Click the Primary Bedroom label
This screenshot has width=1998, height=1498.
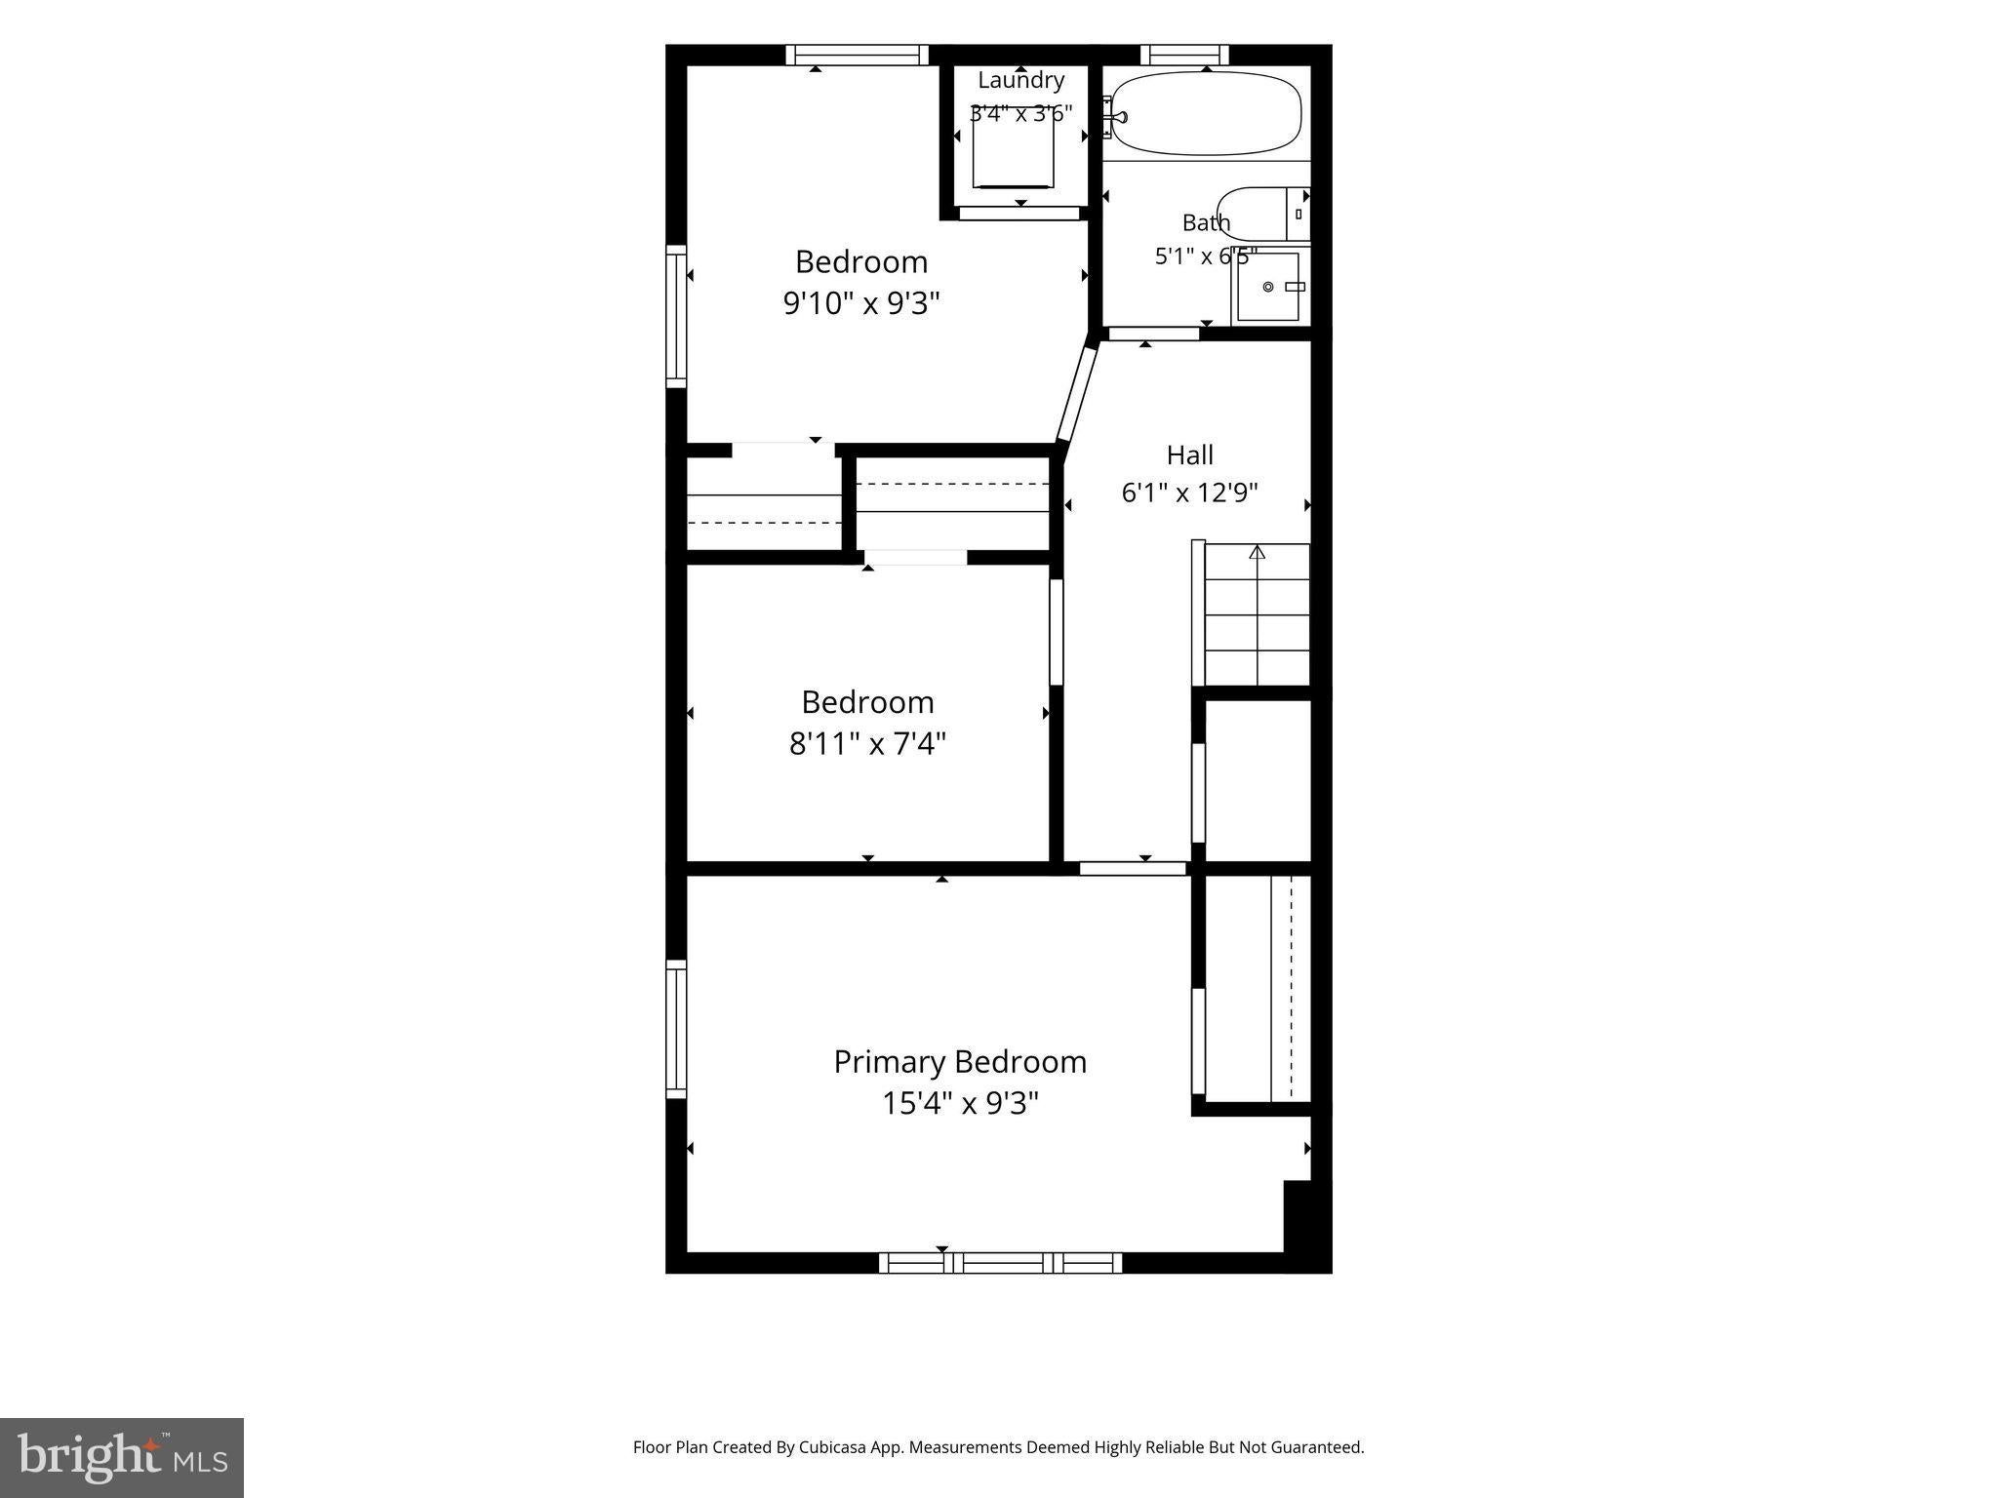960,1062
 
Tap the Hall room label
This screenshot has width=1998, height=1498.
1190,454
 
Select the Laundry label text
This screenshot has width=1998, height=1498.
1021,81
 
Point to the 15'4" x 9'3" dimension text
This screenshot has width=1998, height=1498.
960,1104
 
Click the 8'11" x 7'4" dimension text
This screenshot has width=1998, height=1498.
867,745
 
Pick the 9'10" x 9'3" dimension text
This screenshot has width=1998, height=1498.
861,304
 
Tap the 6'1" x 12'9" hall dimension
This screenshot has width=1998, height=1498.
1189,493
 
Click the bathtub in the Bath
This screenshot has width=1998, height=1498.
1206,114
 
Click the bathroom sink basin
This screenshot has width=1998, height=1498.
1268,287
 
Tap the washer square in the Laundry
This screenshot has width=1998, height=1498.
1014,146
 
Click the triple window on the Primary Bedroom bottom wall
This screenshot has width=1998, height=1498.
1000,1263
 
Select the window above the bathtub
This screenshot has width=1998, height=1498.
1184,55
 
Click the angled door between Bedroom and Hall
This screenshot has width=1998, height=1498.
1078,392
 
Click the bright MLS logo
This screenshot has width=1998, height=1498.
122,1457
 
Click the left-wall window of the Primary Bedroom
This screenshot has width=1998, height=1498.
676,1029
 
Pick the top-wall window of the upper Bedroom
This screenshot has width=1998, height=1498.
858,55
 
